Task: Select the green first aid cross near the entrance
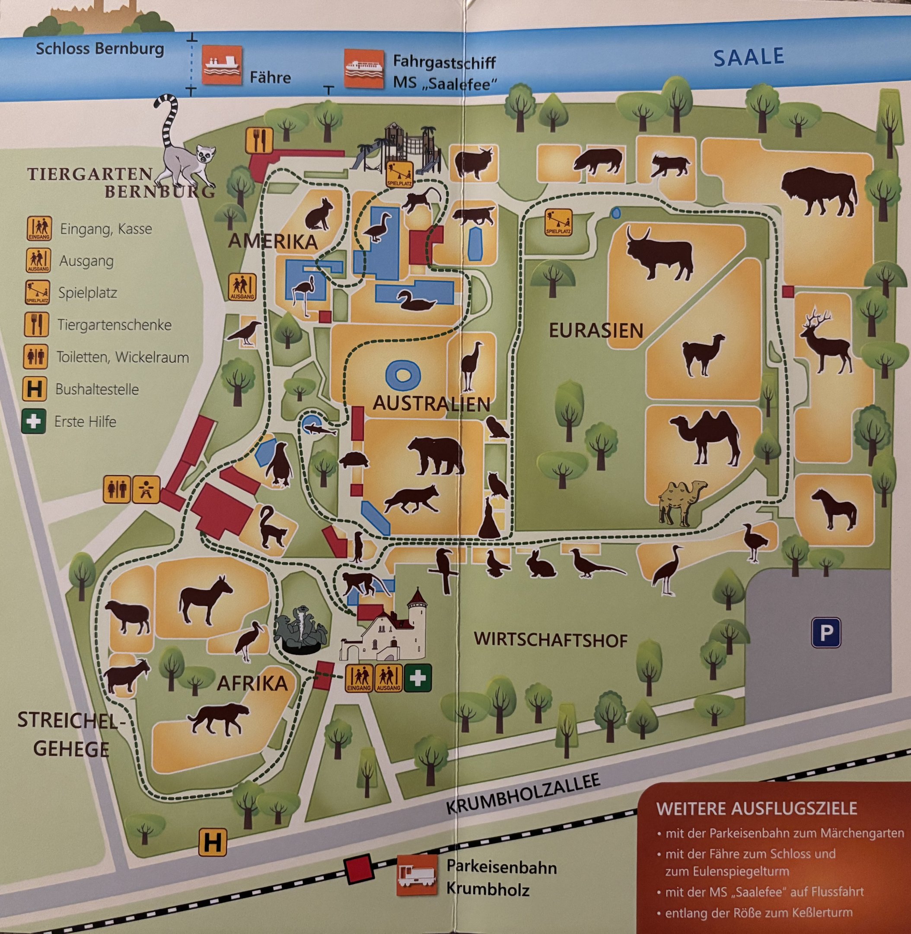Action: coord(417,678)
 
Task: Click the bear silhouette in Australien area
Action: coord(436,455)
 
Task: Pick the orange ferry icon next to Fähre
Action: coord(222,65)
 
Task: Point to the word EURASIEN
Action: coord(596,330)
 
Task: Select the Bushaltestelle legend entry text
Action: coord(97,389)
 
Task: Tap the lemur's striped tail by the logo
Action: coord(168,120)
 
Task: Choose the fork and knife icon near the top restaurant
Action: coord(259,140)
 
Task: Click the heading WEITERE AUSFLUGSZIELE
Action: coord(756,809)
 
